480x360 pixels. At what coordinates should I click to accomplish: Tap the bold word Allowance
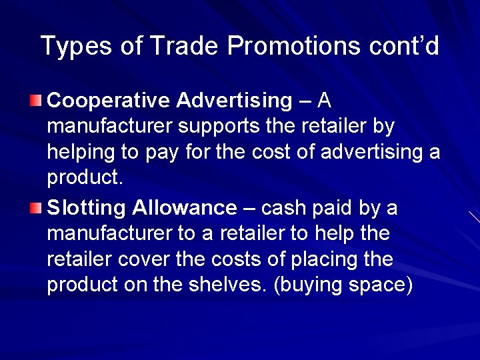pyautogui.click(x=185, y=209)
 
